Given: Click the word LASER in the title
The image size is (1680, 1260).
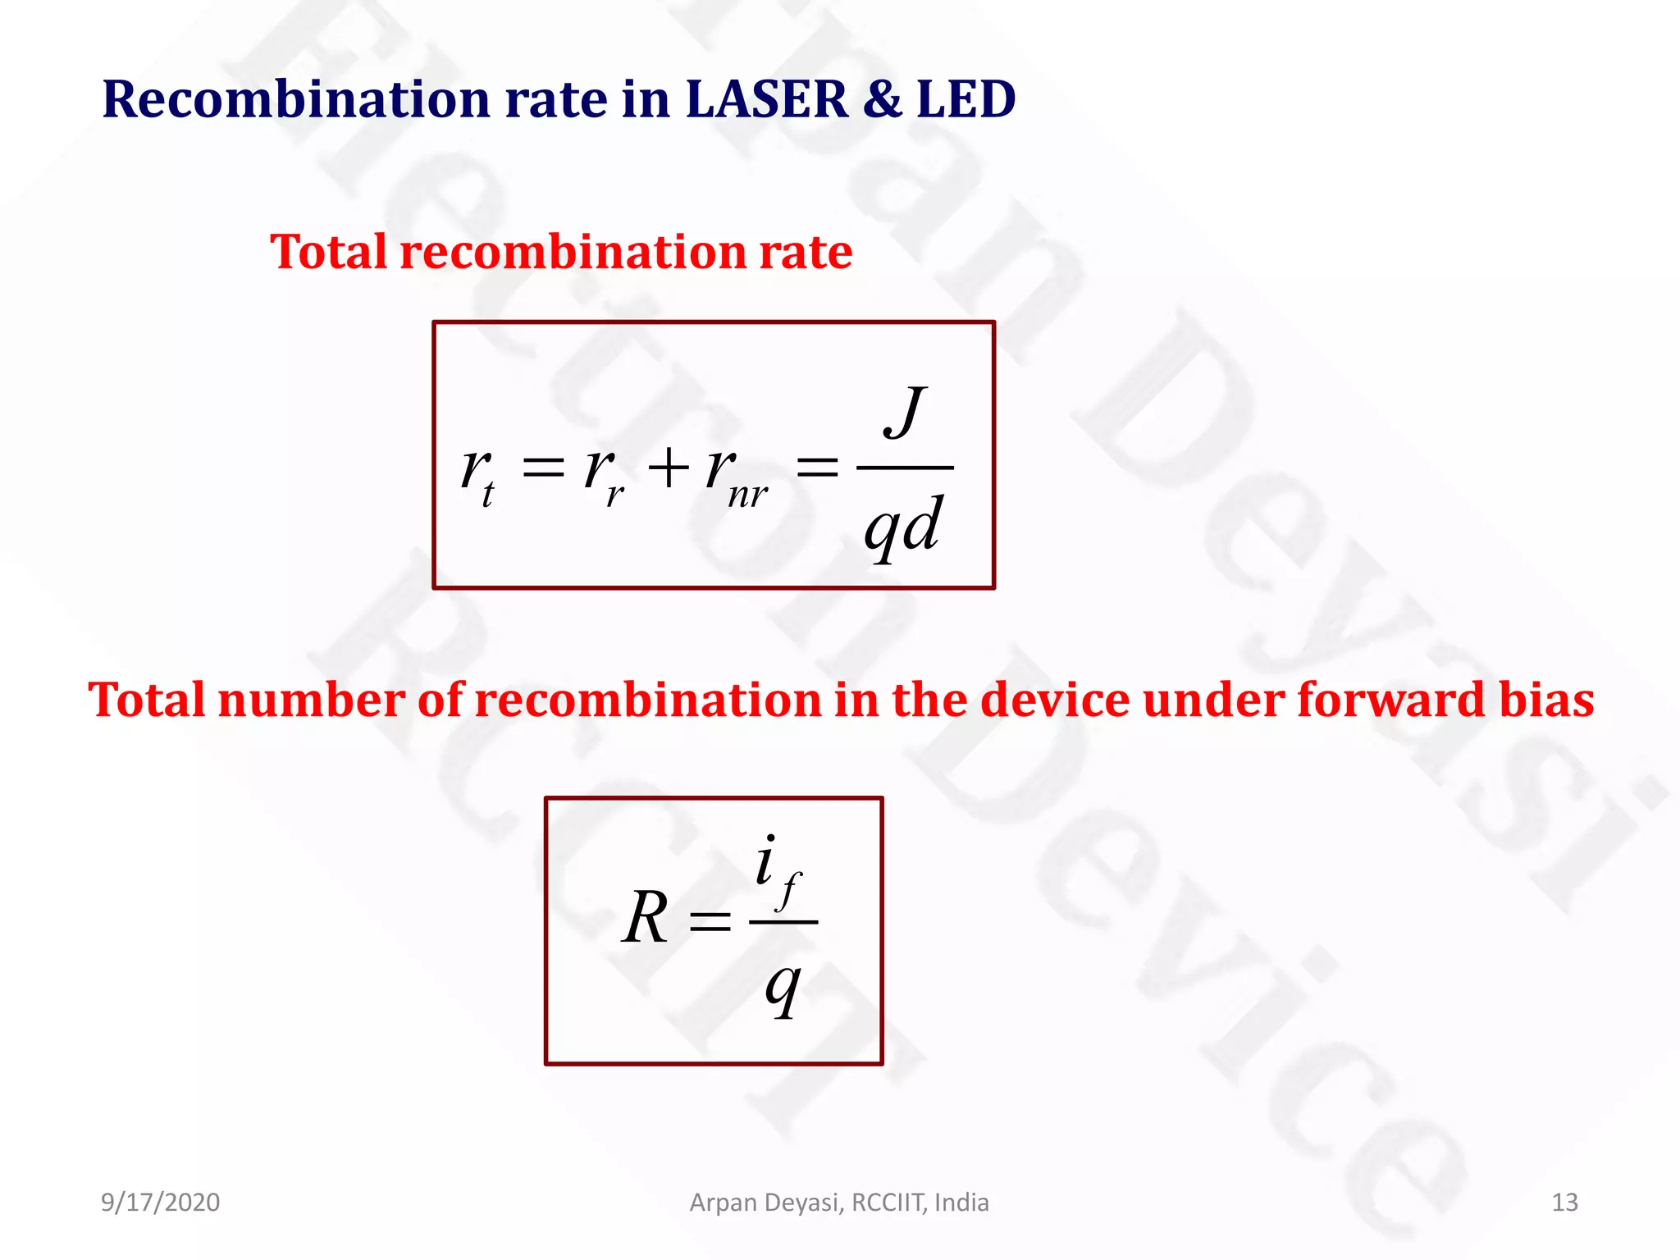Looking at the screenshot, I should (x=765, y=99).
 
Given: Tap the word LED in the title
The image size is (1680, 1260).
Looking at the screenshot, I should (x=966, y=99).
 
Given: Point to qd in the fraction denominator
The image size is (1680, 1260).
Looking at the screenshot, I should (x=902, y=526).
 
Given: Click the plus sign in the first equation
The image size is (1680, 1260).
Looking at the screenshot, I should (x=669, y=468).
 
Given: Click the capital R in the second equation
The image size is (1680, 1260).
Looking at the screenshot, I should (x=646, y=918).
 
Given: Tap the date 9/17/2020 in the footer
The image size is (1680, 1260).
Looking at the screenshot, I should (x=160, y=1203).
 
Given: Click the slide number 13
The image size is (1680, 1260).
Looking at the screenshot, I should (x=1564, y=1203).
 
